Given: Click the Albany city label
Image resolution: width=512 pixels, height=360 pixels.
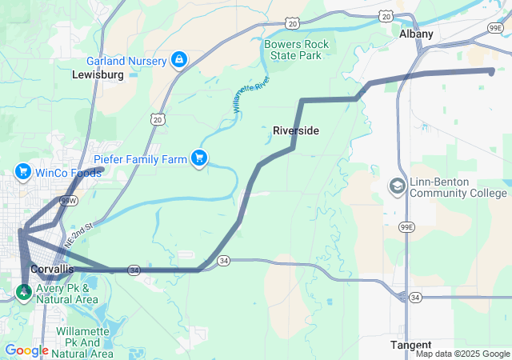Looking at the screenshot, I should tap(416, 34).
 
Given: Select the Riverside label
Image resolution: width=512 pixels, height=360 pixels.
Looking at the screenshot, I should tap(296, 130).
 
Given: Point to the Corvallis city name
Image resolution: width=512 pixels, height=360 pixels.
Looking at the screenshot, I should tap(51, 270).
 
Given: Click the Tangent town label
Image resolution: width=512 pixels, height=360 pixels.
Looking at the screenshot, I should tap(410, 345).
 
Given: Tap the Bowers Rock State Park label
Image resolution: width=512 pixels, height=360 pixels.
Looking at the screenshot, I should tap(293, 50).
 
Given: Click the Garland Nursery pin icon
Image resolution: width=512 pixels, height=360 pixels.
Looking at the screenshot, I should tap(179, 60).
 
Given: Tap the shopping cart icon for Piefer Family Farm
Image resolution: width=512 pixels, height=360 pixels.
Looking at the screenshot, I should tap(199, 158).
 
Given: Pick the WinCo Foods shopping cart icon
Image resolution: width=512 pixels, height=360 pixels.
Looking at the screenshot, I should tap(22, 171).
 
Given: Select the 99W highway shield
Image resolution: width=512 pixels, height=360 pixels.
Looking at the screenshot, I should tap(67, 200).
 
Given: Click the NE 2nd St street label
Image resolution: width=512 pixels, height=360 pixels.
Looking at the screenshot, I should tap(80, 230).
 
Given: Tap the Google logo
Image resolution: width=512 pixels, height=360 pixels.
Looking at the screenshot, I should tap(26, 350).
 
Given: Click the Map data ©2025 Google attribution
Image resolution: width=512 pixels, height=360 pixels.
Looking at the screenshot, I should tap(462, 354).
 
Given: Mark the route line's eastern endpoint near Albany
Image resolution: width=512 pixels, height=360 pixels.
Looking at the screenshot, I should tap(491, 71).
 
